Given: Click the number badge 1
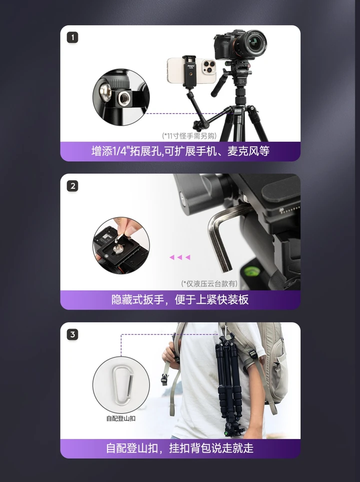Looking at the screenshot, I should pos(73,38).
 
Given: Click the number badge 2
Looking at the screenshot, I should pos(73,186).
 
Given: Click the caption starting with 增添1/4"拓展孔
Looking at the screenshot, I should pos(180,151).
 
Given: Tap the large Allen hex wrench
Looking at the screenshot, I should pos(220,235).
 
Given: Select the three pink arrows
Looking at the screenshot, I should pos(179,257).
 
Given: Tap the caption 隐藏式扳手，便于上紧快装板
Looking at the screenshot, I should pos(180,300).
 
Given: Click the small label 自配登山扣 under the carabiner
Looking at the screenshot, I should pos(120,418).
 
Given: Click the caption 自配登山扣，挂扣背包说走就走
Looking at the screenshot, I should pos(180,448).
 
